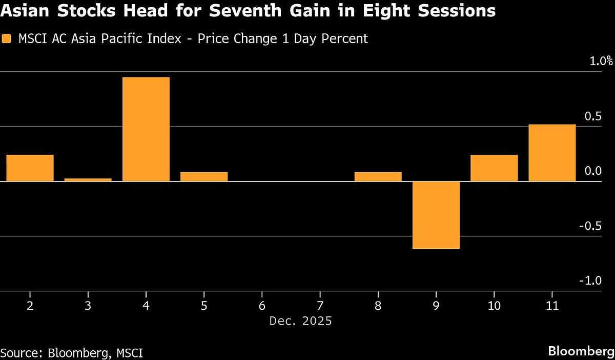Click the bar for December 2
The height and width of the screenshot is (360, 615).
click(x=30, y=168)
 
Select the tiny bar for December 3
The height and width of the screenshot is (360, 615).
click(x=88, y=179)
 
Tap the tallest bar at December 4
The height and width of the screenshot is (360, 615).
click(x=146, y=129)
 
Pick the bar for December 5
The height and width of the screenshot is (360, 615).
click(x=204, y=176)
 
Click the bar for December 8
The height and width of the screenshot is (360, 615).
click(x=378, y=176)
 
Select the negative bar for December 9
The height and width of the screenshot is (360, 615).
click(x=436, y=215)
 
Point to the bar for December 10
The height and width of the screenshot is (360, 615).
click(x=494, y=168)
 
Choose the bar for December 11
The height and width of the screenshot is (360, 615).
click(x=552, y=153)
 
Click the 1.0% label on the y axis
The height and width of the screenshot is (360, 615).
click(x=601, y=61)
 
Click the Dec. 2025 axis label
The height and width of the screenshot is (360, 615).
click(x=300, y=322)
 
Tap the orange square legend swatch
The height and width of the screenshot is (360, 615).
click(x=6, y=38)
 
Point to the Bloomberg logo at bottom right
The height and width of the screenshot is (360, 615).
click(x=580, y=351)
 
